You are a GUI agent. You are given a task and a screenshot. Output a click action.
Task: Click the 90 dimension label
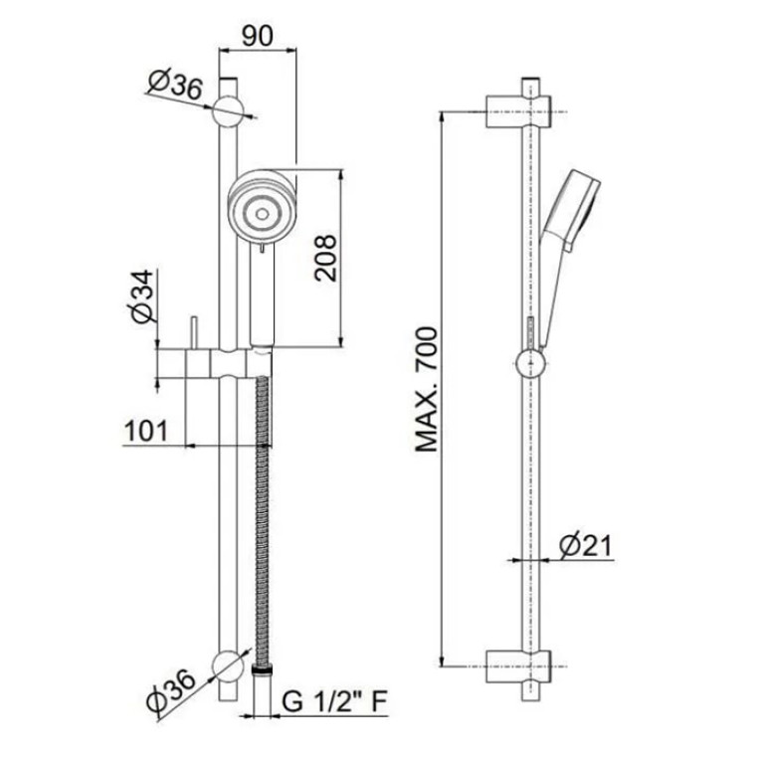click(258, 35)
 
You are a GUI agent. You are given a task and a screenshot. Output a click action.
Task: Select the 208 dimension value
click(325, 258)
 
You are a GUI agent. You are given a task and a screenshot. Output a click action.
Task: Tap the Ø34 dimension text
click(143, 296)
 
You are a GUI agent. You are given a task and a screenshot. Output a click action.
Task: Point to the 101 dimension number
click(146, 431)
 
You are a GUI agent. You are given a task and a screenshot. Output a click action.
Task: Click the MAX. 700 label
click(427, 389)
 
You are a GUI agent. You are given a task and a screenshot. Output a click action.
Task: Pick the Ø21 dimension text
click(584, 545)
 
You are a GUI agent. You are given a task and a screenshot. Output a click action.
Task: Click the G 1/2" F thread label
click(334, 701)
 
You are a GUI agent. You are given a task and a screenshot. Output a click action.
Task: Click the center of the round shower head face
click(263, 214)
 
